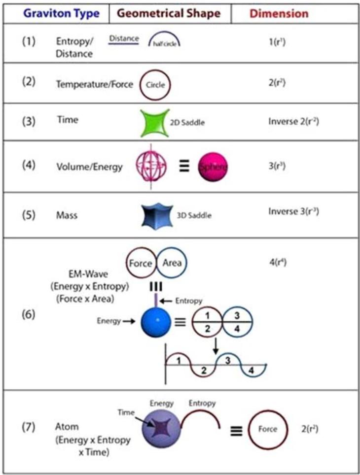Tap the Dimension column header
[279, 13]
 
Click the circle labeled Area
[172, 263]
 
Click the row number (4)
[29, 165]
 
